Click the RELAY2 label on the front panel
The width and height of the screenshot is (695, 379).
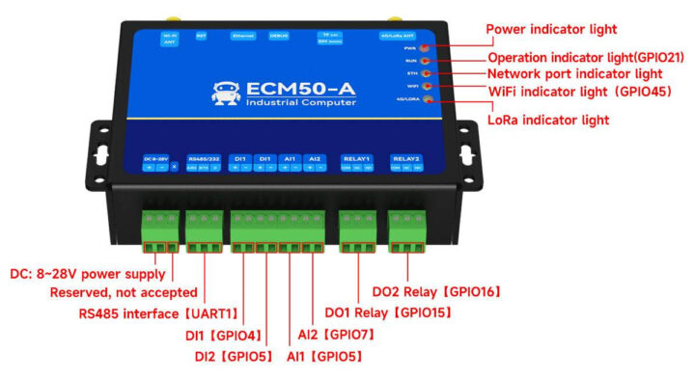click(x=406, y=158)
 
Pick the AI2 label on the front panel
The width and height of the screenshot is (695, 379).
click(x=314, y=157)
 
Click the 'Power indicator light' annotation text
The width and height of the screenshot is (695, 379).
click(x=550, y=30)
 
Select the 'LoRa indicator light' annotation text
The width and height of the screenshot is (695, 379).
click(x=547, y=121)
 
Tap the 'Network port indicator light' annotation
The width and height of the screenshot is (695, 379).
click(x=574, y=73)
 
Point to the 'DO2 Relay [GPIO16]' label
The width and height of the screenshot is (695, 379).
click(x=435, y=290)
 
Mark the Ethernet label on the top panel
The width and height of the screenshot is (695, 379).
click(x=243, y=36)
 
